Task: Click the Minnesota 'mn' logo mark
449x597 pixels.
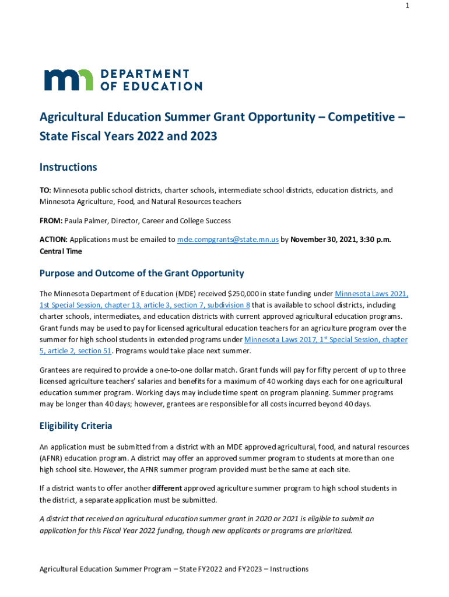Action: click(68, 80)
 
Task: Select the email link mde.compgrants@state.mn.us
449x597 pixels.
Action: click(228, 240)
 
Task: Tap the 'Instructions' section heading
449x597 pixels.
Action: click(68, 168)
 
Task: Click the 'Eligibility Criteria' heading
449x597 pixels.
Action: click(76, 426)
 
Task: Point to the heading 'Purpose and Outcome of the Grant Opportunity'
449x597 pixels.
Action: click(142, 273)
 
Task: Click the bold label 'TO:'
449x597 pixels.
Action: click(45, 190)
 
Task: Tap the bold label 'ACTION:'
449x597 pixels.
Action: click(54, 240)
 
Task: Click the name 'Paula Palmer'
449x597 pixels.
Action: click(88, 221)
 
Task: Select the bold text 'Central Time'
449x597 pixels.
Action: click(61, 251)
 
